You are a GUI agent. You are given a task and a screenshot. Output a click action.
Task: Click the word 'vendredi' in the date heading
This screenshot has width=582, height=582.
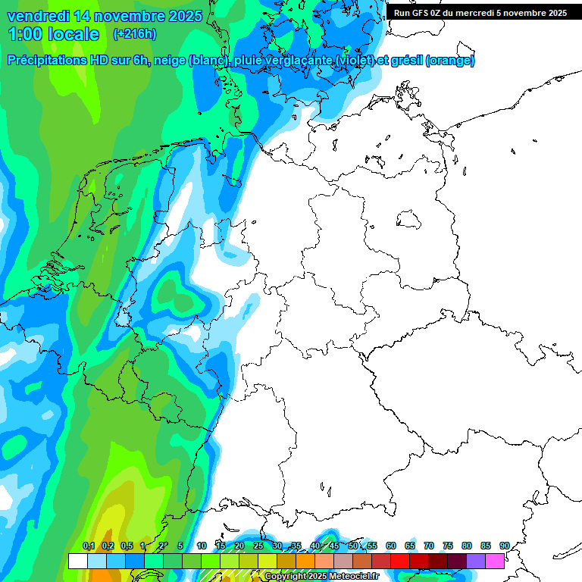coord(38,15)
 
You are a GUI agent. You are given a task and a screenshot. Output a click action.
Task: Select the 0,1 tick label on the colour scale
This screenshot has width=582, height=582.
coord(89,546)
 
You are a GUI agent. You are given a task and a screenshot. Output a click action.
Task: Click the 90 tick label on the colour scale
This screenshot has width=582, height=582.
coord(504,546)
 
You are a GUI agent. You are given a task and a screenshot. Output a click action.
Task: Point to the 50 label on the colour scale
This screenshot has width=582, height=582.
coord(353,546)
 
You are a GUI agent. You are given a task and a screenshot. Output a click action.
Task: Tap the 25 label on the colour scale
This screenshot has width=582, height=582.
coord(258,546)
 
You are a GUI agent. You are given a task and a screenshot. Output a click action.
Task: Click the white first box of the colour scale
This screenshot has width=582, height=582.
coord(77,561)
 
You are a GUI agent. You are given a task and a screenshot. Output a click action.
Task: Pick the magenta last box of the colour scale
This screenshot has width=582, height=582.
coord(495,561)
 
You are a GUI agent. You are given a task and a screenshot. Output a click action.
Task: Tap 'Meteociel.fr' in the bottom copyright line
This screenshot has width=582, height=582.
coord(353,577)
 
